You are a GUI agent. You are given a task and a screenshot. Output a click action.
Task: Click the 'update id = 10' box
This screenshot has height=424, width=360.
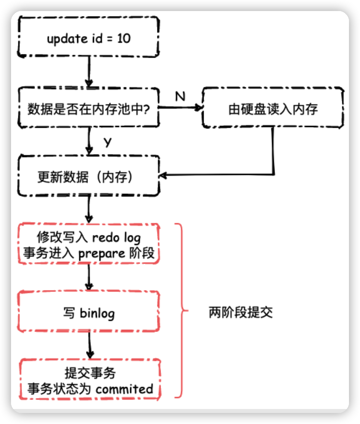click(88, 37)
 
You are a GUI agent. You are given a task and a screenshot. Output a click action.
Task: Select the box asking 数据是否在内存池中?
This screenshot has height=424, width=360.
click(88, 108)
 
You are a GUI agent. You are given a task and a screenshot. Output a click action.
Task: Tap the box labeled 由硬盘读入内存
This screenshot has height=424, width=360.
click(273, 108)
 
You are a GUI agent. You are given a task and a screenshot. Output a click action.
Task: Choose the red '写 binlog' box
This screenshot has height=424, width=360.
click(88, 312)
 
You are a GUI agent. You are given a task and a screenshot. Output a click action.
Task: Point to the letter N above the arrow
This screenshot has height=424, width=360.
click(180, 96)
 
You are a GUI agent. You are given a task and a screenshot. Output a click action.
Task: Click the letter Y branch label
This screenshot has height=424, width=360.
click(107, 142)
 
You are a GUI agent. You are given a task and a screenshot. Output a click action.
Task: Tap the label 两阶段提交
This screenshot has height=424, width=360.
click(241, 312)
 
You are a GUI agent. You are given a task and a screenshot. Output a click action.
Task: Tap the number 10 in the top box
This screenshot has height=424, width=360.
click(124, 39)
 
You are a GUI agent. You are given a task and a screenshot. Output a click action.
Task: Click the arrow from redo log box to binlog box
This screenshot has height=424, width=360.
click(89, 277)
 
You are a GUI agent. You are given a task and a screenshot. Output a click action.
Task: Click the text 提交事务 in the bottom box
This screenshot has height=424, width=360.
click(90, 373)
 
